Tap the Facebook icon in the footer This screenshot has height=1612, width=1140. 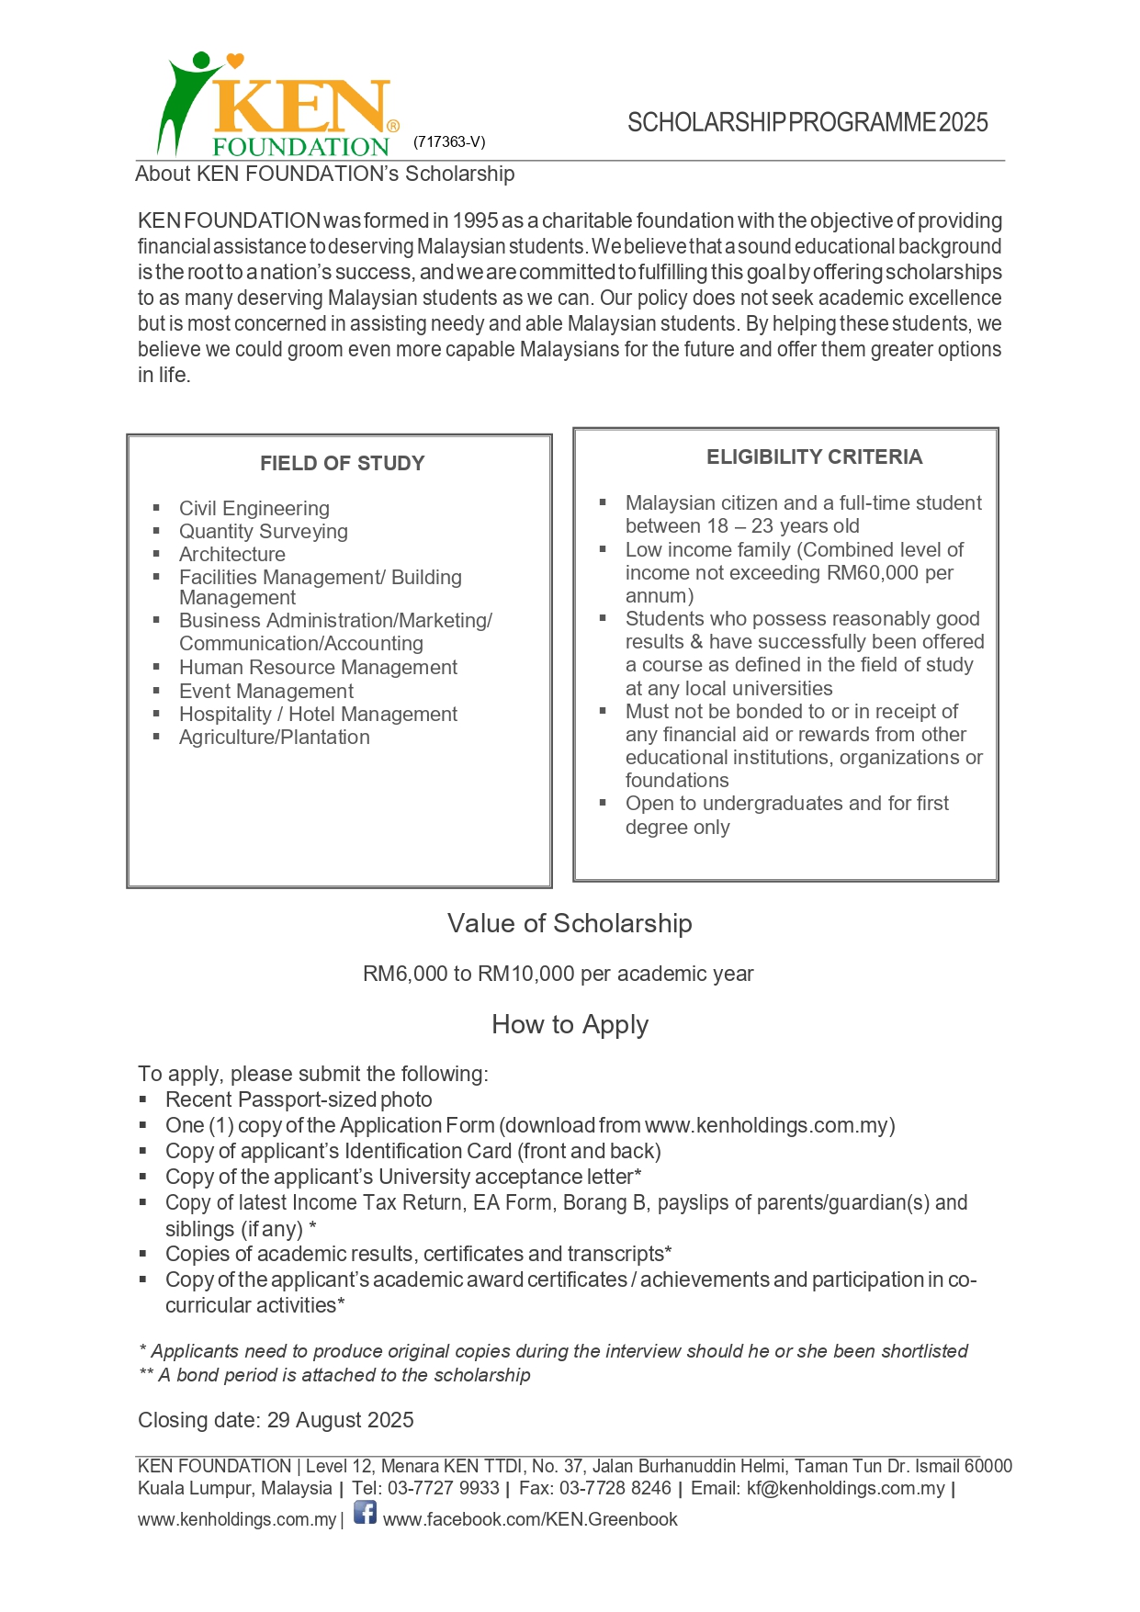pyautogui.click(x=365, y=1512)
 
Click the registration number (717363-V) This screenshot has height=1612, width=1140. pyautogui.click(x=449, y=141)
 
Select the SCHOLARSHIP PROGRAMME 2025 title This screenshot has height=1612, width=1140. pyautogui.click(x=807, y=122)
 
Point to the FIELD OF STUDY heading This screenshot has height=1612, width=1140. pyautogui.click(x=342, y=463)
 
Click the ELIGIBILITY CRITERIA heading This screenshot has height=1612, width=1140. pyautogui.click(x=814, y=457)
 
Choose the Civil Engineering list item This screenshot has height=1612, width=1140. pyautogui.click(x=254, y=508)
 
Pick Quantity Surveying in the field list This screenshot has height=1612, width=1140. pyautogui.click(x=263, y=531)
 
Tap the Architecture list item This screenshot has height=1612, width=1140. pyautogui.click(x=231, y=554)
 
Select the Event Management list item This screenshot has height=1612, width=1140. pyautogui.click(x=265, y=691)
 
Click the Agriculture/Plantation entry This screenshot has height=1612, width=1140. pyautogui.click(x=274, y=737)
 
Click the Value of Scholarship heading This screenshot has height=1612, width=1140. pyautogui.click(x=570, y=923)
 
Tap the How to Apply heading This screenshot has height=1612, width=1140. pyautogui.click(x=570, y=1024)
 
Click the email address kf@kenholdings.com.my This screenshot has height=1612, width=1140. pyautogui.click(x=845, y=1488)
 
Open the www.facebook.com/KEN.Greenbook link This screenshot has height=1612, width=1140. pyautogui.click(x=530, y=1519)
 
